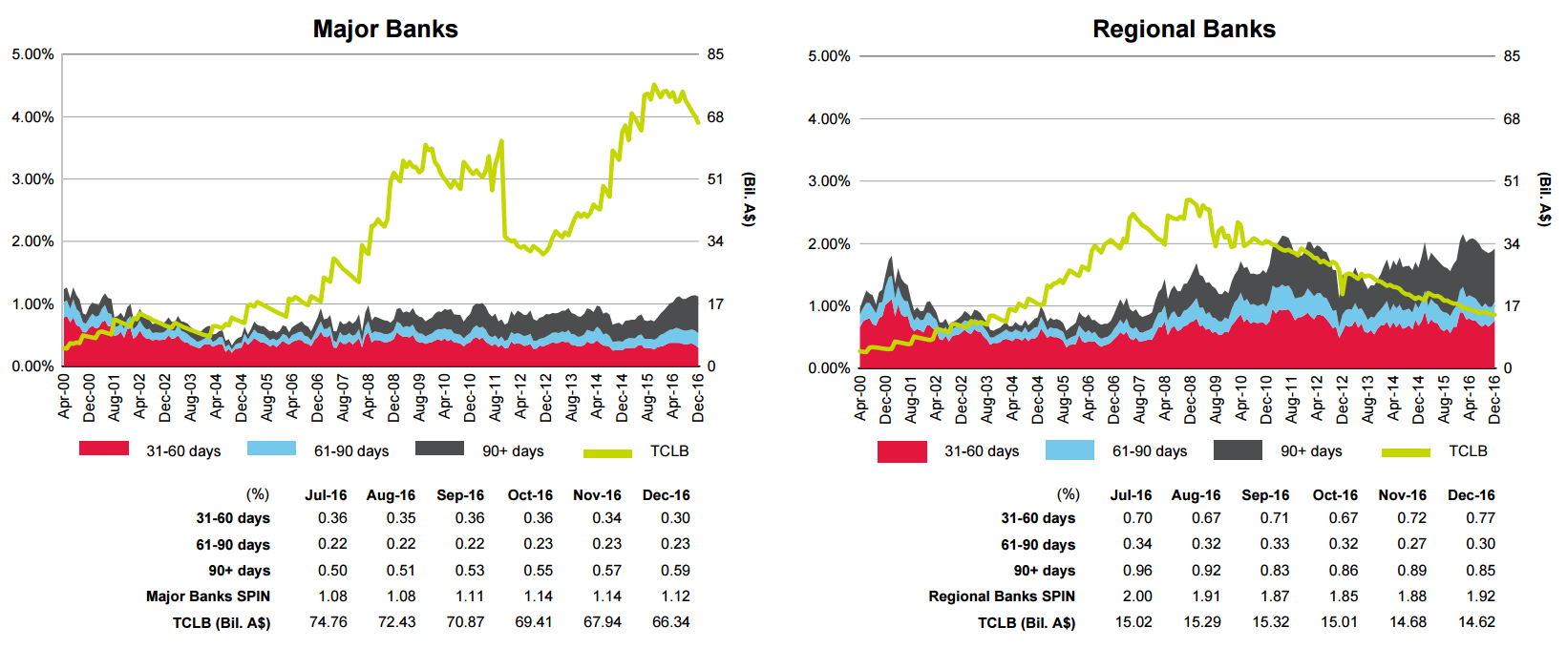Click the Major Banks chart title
[385, 30]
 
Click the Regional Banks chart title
[1183, 30]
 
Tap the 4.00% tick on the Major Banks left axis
[32, 117]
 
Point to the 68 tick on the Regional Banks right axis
[1512, 119]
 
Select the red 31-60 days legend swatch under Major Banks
[104, 449]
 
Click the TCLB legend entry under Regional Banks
[1468, 451]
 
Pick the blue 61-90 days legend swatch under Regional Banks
[1069, 450]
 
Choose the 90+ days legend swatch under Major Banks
[440, 449]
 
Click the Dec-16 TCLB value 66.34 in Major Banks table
[670, 622]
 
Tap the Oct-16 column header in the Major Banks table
[530, 495]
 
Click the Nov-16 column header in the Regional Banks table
[1402, 495]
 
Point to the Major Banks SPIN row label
[208, 596]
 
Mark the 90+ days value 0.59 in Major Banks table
[675, 571]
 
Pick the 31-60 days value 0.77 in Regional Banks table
[1480, 518]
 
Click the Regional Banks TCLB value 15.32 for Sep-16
[1270, 622]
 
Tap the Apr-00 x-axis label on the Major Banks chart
[64, 396]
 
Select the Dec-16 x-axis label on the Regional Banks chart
[1494, 398]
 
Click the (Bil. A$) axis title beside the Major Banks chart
[749, 199]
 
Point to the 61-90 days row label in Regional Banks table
[1038, 545]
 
